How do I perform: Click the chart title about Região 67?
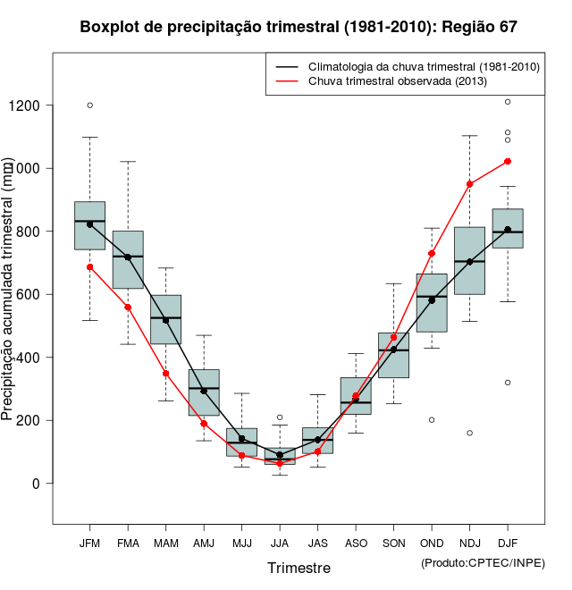tap(299, 27)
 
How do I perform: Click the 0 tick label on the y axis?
tap(38, 484)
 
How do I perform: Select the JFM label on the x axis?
tap(89, 543)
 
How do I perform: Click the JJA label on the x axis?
tap(280, 543)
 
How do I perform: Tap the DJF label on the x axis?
tap(508, 543)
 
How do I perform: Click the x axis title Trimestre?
tap(299, 568)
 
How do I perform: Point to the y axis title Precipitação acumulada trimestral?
tap(8, 291)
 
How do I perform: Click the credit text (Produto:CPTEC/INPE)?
tap(483, 562)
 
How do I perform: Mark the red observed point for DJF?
tap(508, 161)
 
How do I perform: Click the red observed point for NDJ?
tap(470, 184)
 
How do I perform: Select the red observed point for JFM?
tap(89, 266)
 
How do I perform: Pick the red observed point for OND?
tap(432, 254)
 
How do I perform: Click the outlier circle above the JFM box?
tap(89, 105)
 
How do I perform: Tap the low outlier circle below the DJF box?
tap(508, 383)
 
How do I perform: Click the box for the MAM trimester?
tap(165, 319)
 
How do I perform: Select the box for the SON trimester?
tap(394, 355)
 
